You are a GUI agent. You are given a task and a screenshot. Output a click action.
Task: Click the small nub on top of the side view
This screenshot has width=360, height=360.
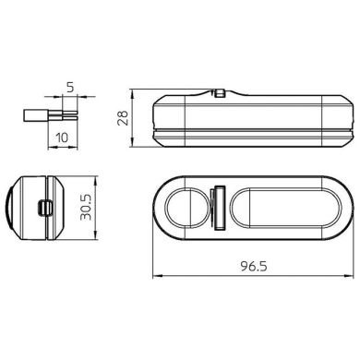[222, 93]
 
